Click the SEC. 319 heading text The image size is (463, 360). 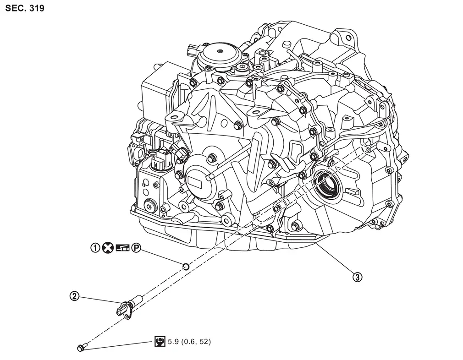[25, 8]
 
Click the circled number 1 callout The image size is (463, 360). [95, 248]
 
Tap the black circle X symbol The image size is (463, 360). [108, 248]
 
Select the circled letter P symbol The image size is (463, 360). [136, 248]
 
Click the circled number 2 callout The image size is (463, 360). [74, 296]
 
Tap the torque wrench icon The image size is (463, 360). [160, 341]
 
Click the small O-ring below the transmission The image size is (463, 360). [186, 266]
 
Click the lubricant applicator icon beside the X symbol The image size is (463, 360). [122, 248]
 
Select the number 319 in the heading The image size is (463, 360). [36, 8]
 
